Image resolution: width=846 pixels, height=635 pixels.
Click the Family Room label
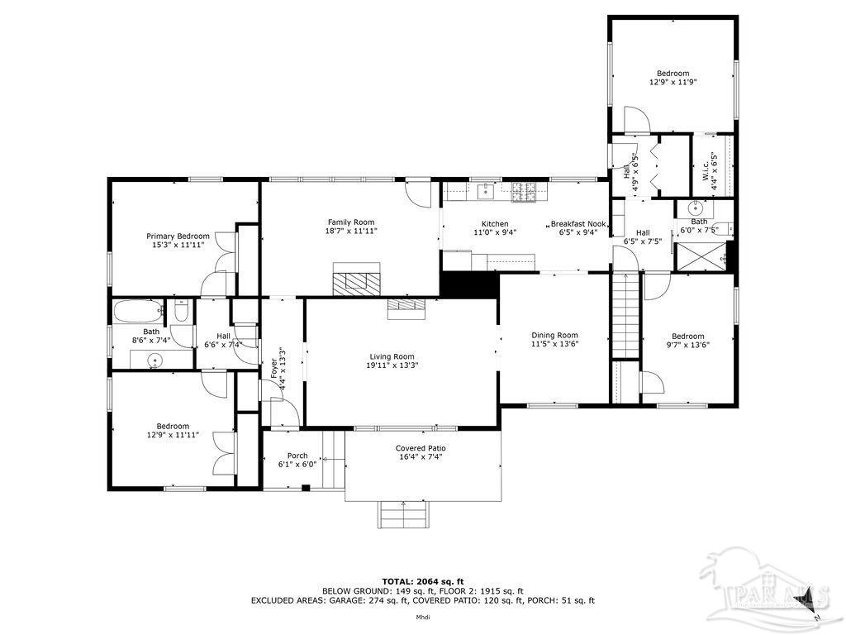tap(351, 222)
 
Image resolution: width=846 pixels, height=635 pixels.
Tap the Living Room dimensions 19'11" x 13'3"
tap(392, 365)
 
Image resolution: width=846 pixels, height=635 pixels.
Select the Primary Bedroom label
tap(178, 236)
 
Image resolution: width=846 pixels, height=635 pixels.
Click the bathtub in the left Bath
tap(138, 311)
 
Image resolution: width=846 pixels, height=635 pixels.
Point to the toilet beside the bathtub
tap(181, 312)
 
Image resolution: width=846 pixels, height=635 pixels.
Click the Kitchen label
tap(495, 223)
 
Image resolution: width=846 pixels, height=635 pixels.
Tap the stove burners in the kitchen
tap(524, 192)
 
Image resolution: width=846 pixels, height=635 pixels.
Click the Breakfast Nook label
tap(577, 223)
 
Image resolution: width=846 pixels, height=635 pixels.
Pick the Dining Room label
tap(554, 335)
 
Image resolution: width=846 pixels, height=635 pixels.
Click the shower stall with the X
tap(701, 256)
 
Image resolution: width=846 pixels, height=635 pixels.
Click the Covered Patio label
tap(421, 448)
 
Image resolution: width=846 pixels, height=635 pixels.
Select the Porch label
tap(297, 456)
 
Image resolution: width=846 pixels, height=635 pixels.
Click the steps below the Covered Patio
tap(403, 514)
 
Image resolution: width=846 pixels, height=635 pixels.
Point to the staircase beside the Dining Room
tap(625, 316)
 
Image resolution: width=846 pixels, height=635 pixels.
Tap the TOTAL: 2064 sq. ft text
tap(423, 581)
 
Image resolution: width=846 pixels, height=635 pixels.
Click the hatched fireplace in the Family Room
tap(356, 279)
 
